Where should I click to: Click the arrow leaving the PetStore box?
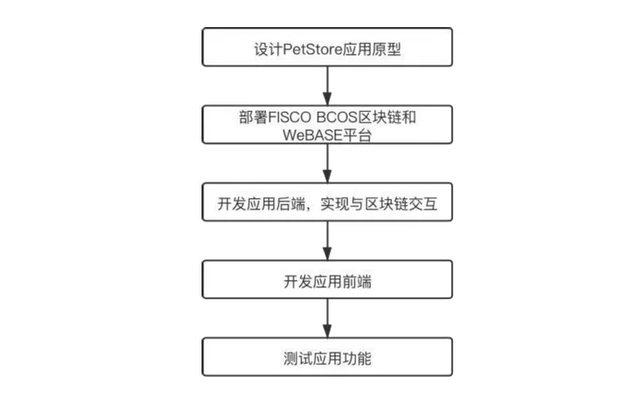coord(327,86)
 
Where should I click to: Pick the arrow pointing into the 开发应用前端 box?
coord(327,241)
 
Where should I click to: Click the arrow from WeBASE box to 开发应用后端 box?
coord(327,163)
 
